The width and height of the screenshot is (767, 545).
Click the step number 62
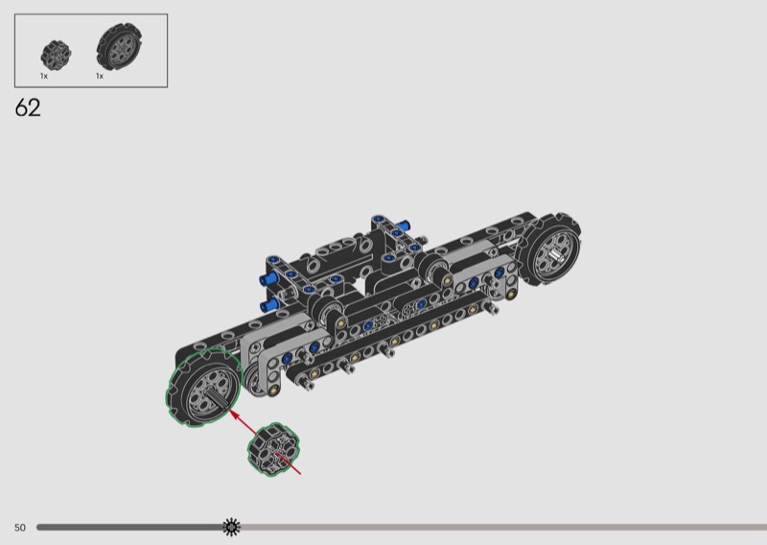point(28,107)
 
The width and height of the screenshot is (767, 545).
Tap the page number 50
point(19,528)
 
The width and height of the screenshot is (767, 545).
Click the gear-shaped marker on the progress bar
point(231,527)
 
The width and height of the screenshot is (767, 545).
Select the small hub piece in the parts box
point(56,56)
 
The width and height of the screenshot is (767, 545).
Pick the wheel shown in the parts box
point(119,46)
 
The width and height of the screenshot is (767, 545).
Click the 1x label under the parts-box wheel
point(100,76)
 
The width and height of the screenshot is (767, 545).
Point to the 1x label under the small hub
point(44,76)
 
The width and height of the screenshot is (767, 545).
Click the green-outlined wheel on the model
point(204,387)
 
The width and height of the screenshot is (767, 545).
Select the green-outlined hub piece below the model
point(273,449)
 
